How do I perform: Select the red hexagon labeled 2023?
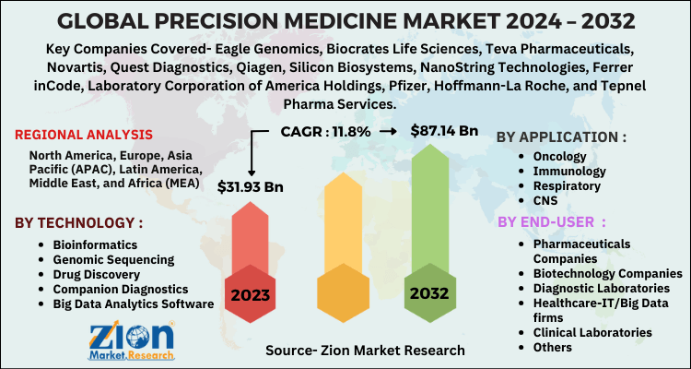[252, 296]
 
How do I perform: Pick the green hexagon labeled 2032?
[430, 294]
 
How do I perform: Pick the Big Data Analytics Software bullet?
[133, 304]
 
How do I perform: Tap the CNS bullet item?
[545, 200]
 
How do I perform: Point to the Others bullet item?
[553, 347]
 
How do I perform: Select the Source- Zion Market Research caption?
[365, 351]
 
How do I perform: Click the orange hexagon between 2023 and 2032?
[341, 296]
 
